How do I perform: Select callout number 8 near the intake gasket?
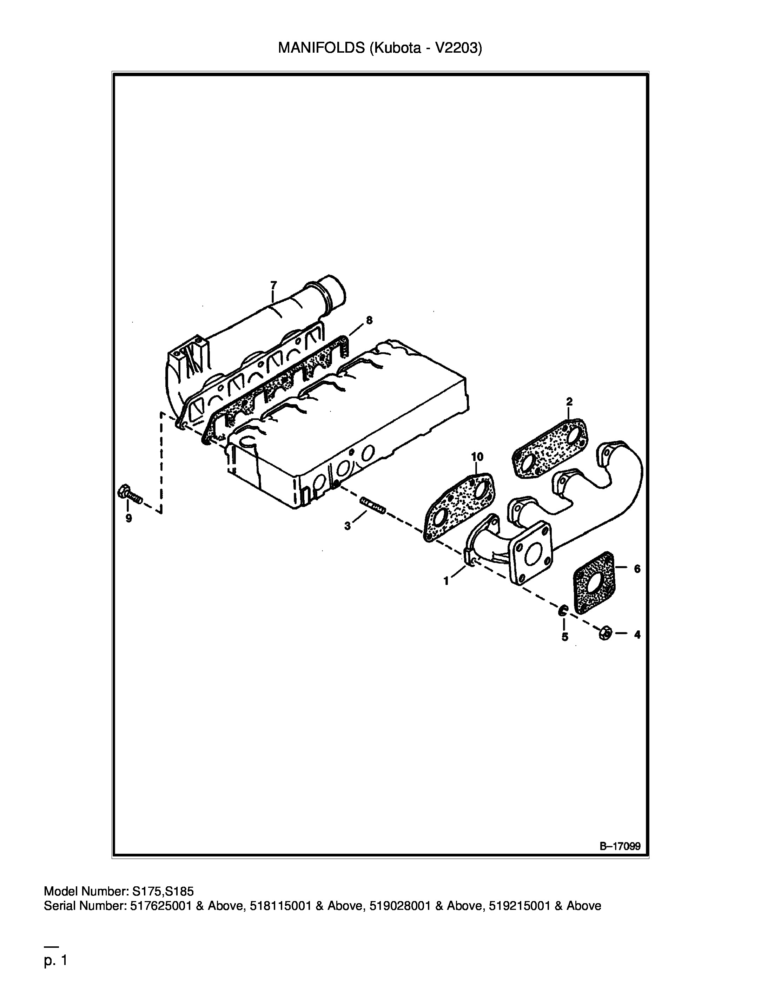[369, 320]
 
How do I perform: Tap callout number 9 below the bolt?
[128, 519]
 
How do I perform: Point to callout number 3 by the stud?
[347, 526]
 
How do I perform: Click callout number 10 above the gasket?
[477, 457]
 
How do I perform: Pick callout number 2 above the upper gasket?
[569, 401]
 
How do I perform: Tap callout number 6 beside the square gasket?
[637, 569]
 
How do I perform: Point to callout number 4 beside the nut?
[637, 635]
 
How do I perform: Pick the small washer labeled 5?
[563, 611]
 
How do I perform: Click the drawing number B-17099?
[620, 846]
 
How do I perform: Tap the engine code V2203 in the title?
[455, 48]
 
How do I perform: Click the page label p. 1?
[55, 961]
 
